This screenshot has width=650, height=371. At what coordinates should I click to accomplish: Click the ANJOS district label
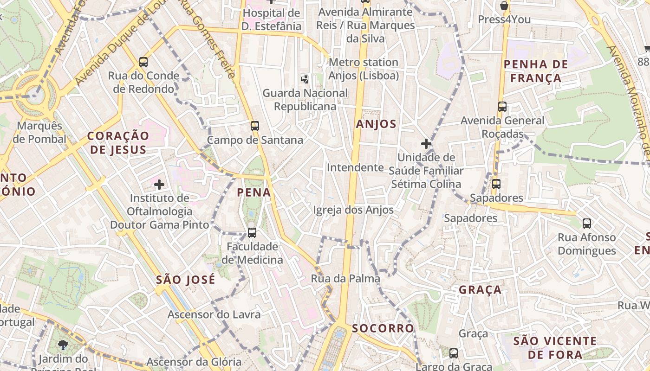point(376,124)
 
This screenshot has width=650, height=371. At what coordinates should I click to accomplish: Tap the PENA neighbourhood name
point(254,192)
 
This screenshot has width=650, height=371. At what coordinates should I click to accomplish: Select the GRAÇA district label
point(480,290)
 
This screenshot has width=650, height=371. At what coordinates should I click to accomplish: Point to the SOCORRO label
point(383,328)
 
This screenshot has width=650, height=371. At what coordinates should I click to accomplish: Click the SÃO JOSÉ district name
point(186,280)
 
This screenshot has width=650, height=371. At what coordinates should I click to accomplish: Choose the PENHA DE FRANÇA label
point(536,71)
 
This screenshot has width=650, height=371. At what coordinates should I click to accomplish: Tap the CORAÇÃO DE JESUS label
point(118,142)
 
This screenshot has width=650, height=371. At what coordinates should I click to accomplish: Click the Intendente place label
point(355,167)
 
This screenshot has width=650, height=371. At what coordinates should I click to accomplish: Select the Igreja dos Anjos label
point(353,210)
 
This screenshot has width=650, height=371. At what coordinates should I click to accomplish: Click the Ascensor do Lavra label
point(214,314)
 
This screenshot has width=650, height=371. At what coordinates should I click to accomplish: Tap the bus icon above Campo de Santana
point(254,126)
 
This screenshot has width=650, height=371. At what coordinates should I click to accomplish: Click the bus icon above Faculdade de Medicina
point(252,232)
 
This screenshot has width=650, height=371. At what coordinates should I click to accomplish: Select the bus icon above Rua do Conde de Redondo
point(143,62)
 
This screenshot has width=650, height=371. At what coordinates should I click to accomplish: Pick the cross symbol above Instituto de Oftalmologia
point(159,185)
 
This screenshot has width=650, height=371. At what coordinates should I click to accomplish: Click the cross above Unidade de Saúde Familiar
point(426,144)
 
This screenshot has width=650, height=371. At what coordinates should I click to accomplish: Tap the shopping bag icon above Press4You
point(504,6)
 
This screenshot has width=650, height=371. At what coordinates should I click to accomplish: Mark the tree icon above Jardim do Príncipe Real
point(63,345)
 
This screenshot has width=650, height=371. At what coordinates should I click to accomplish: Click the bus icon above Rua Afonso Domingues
point(587,224)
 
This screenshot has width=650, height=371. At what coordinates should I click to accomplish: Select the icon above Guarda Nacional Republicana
point(305,79)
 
